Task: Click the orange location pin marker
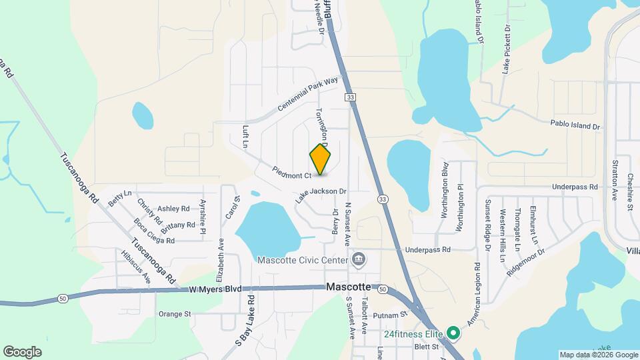(321, 160)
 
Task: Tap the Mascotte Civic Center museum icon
(359, 259)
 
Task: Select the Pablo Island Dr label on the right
(575, 124)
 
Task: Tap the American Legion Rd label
(474, 294)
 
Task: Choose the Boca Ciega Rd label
(154, 230)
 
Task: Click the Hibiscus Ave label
(137, 266)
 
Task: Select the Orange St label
(175, 313)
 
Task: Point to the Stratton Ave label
(614, 181)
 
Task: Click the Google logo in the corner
(22, 351)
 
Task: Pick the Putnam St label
(390, 313)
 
